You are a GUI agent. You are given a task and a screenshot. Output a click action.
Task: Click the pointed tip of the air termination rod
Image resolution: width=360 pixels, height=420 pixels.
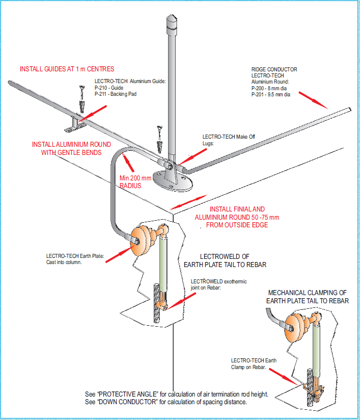[171, 18]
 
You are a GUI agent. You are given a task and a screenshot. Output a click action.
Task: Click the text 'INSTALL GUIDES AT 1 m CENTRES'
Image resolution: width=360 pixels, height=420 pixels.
[67, 69]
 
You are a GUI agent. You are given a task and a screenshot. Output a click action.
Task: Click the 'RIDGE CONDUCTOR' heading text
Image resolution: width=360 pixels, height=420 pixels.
[274, 69]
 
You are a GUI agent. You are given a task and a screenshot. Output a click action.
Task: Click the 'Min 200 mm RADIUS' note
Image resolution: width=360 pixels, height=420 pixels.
[135, 182]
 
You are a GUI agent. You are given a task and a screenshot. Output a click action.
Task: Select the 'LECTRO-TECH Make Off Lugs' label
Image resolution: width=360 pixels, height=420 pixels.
[228, 140]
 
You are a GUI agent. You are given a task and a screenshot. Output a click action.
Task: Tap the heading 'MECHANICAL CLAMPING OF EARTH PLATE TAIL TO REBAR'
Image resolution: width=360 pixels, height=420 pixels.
[308, 297]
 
